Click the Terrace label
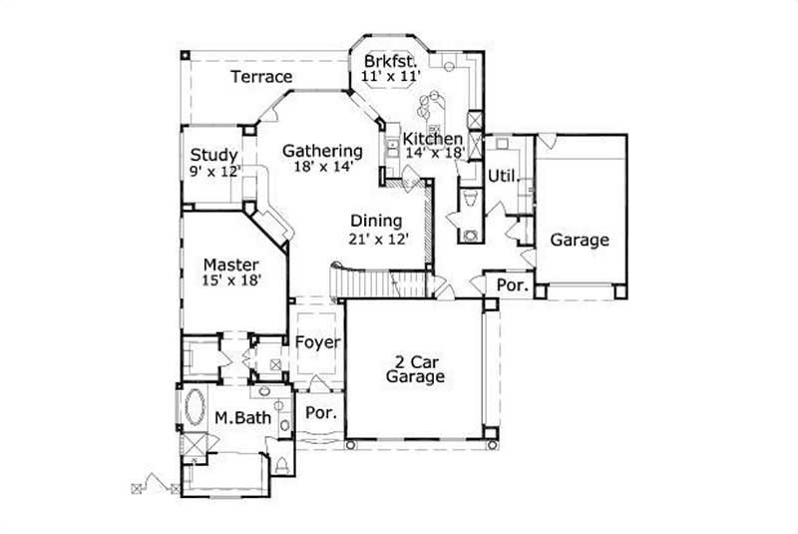(x=261, y=77)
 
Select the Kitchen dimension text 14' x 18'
(x=435, y=154)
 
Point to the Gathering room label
(x=321, y=151)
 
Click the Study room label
(x=213, y=156)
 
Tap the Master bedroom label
(x=231, y=265)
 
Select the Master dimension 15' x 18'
(x=231, y=281)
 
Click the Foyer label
(x=318, y=342)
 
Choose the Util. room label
(x=502, y=177)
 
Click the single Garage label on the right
(x=580, y=241)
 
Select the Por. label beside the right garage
(x=512, y=286)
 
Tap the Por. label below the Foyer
(x=320, y=412)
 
